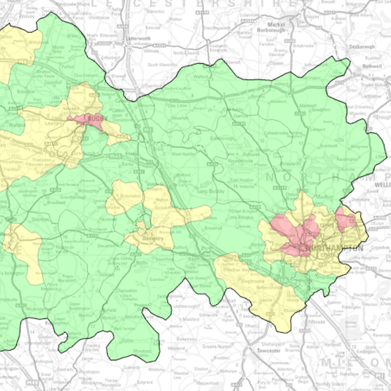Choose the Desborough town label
click(x=360, y=46)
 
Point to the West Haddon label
click(x=185, y=155)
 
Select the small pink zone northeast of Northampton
click(x=345, y=219)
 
